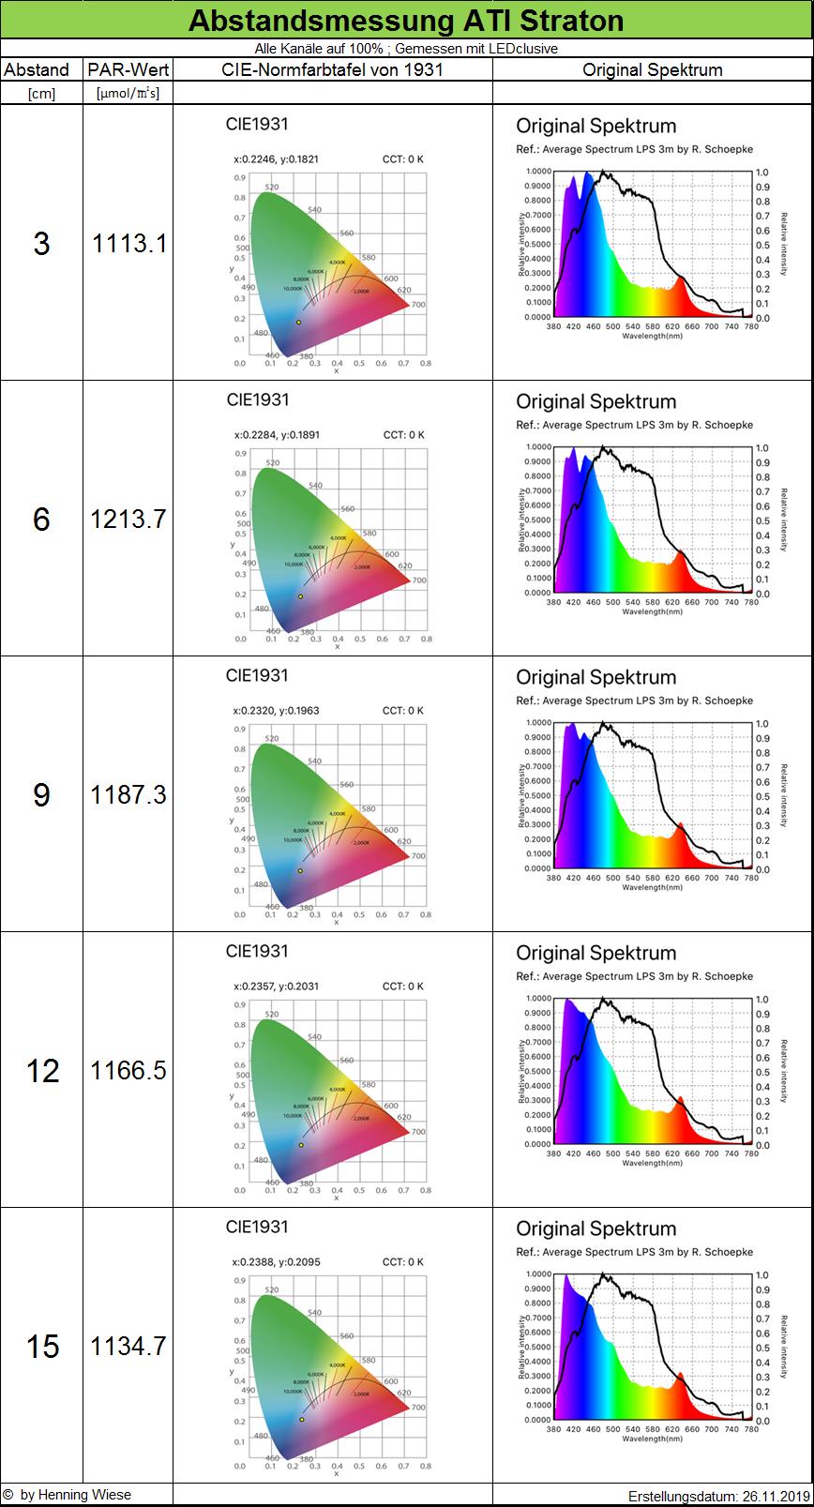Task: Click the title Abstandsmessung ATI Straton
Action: click(406, 20)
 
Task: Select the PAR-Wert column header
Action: click(128, 69)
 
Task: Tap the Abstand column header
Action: click(36, 69)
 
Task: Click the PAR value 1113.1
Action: click(128, 243)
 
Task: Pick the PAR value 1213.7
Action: click(128, 519)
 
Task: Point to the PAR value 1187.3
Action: click(128, 794)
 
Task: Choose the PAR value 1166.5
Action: click(128, 1070)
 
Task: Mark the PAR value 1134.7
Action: click(128, 1346)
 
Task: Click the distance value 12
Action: click(42, 1070)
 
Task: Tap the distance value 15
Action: click(42, 1346)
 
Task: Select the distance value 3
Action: click(41, 243)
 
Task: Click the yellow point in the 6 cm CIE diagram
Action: click(300, 596)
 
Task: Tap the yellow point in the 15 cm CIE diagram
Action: click(302, 1419)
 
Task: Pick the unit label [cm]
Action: click(41, 93)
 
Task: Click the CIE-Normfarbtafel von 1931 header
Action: click(332, 69)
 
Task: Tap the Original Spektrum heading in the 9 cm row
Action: click(595, 677)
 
